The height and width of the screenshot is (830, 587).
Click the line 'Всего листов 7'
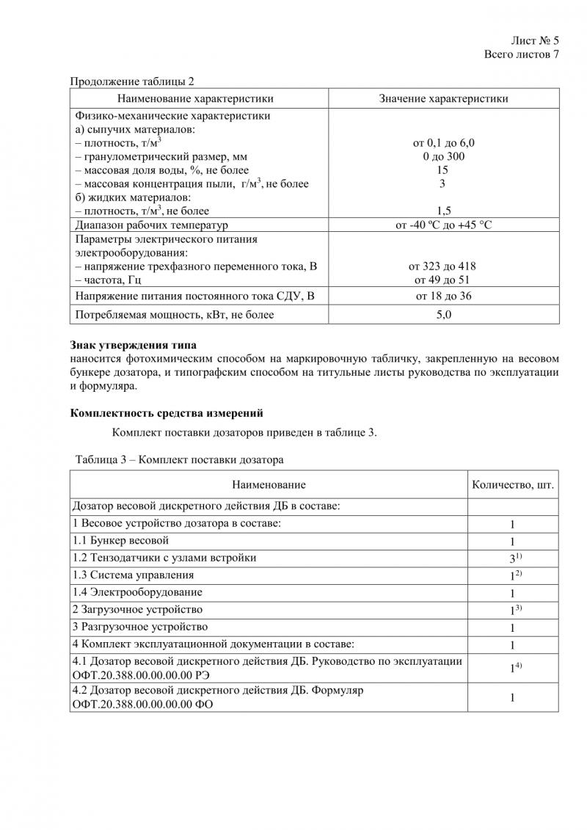[522, 55]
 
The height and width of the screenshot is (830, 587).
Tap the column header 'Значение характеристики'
[443, 98]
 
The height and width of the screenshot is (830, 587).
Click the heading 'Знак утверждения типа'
[134, 345]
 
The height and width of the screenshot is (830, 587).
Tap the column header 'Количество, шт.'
[512, 485]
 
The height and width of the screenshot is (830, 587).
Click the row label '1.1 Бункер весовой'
[121, 541]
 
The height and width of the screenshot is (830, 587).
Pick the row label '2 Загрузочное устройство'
[137, 609]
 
